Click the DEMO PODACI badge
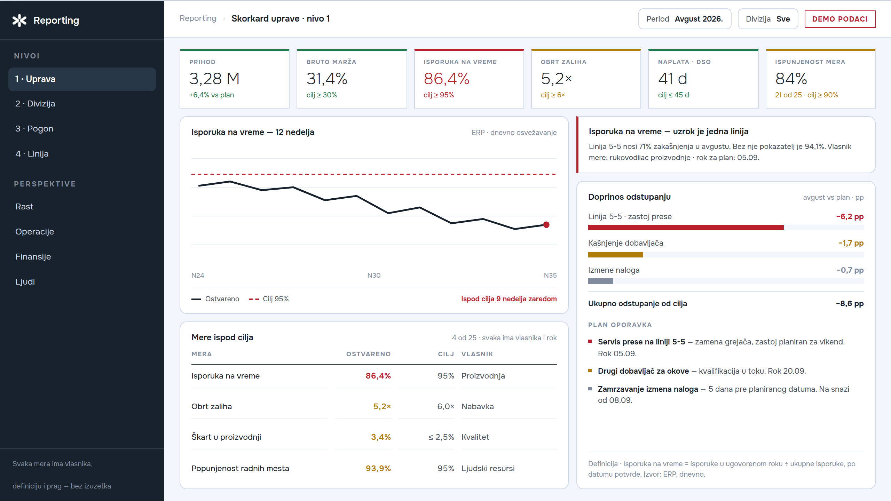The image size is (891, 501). [x=839, y=19]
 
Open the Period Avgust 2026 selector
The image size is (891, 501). [x=685, y=19]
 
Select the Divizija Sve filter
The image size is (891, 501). [x=768, y=19]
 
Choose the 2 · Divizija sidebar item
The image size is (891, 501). [x=35, y=104]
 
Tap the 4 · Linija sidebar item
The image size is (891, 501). [x=32, y=154]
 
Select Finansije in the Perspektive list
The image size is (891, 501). [x=33, y=257]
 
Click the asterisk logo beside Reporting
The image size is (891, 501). [x=19, y=21]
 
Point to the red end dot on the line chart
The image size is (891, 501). [x=546, y=225]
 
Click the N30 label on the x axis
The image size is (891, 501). [x=374, y=276]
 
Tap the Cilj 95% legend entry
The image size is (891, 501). [x=269, y=299]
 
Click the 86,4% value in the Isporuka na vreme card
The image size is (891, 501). [x=447, y=79]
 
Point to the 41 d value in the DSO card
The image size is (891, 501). [x=672, y=79]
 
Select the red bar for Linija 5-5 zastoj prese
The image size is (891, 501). [x=686, y=228]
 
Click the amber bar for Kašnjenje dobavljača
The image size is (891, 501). [x=616, y=255]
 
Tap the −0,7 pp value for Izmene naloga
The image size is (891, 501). [x=850, y=270]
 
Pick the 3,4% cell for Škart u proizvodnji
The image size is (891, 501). [x=381, y=437]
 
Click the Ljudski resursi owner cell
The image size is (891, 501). [x=488, y=469]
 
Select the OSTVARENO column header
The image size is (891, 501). [x=368, y=354]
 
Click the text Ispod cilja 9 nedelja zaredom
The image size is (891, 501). [x=509, y=299]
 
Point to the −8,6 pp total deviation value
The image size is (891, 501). [x=850, y=304]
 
